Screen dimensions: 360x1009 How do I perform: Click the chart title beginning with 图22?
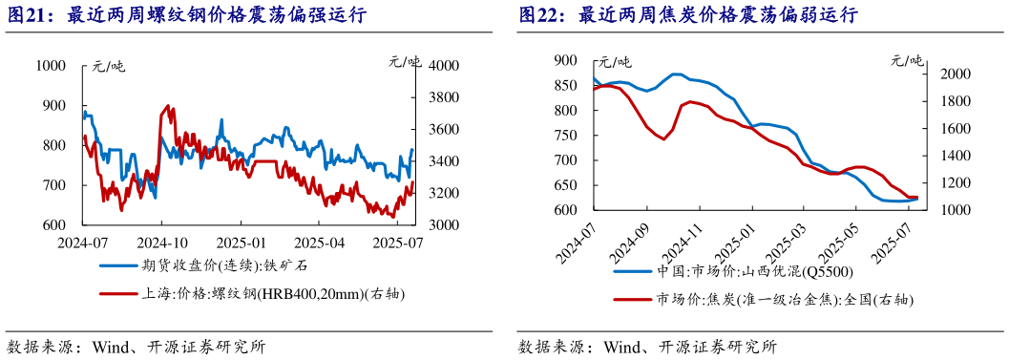[687, 15]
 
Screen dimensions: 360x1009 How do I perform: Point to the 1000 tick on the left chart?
[49, 66]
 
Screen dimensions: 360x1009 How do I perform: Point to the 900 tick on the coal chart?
[566, 60]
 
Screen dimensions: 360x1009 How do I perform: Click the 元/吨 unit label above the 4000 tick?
[405, 63]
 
